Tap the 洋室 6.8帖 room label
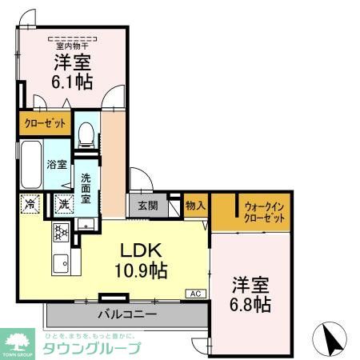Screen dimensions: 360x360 click(251, 294)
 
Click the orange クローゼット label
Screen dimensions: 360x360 click(45, 124)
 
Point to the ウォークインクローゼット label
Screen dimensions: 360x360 click(264, 211)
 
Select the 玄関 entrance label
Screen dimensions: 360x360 click(147, 205)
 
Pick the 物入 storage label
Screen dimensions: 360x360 click(195, 205)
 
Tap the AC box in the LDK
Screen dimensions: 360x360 click(195, 294)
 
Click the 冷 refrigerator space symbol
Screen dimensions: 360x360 click(30, 204)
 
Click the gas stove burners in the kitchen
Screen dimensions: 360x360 click(60, 232)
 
